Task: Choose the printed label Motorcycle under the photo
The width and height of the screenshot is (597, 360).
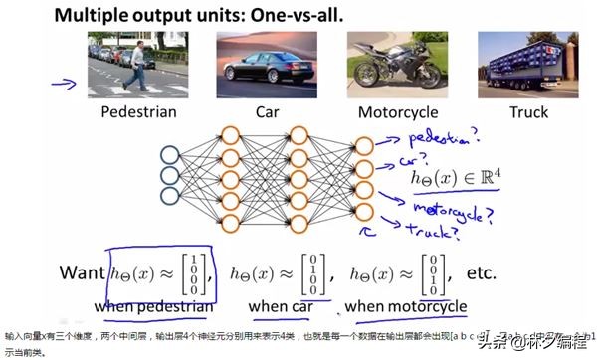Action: point(398,112)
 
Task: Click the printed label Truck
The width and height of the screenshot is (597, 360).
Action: point(528,112)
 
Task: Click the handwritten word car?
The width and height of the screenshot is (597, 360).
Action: point(416,158)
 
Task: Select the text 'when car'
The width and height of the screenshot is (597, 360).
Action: point(282,306)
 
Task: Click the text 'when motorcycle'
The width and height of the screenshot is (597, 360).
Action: point(406,306)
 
